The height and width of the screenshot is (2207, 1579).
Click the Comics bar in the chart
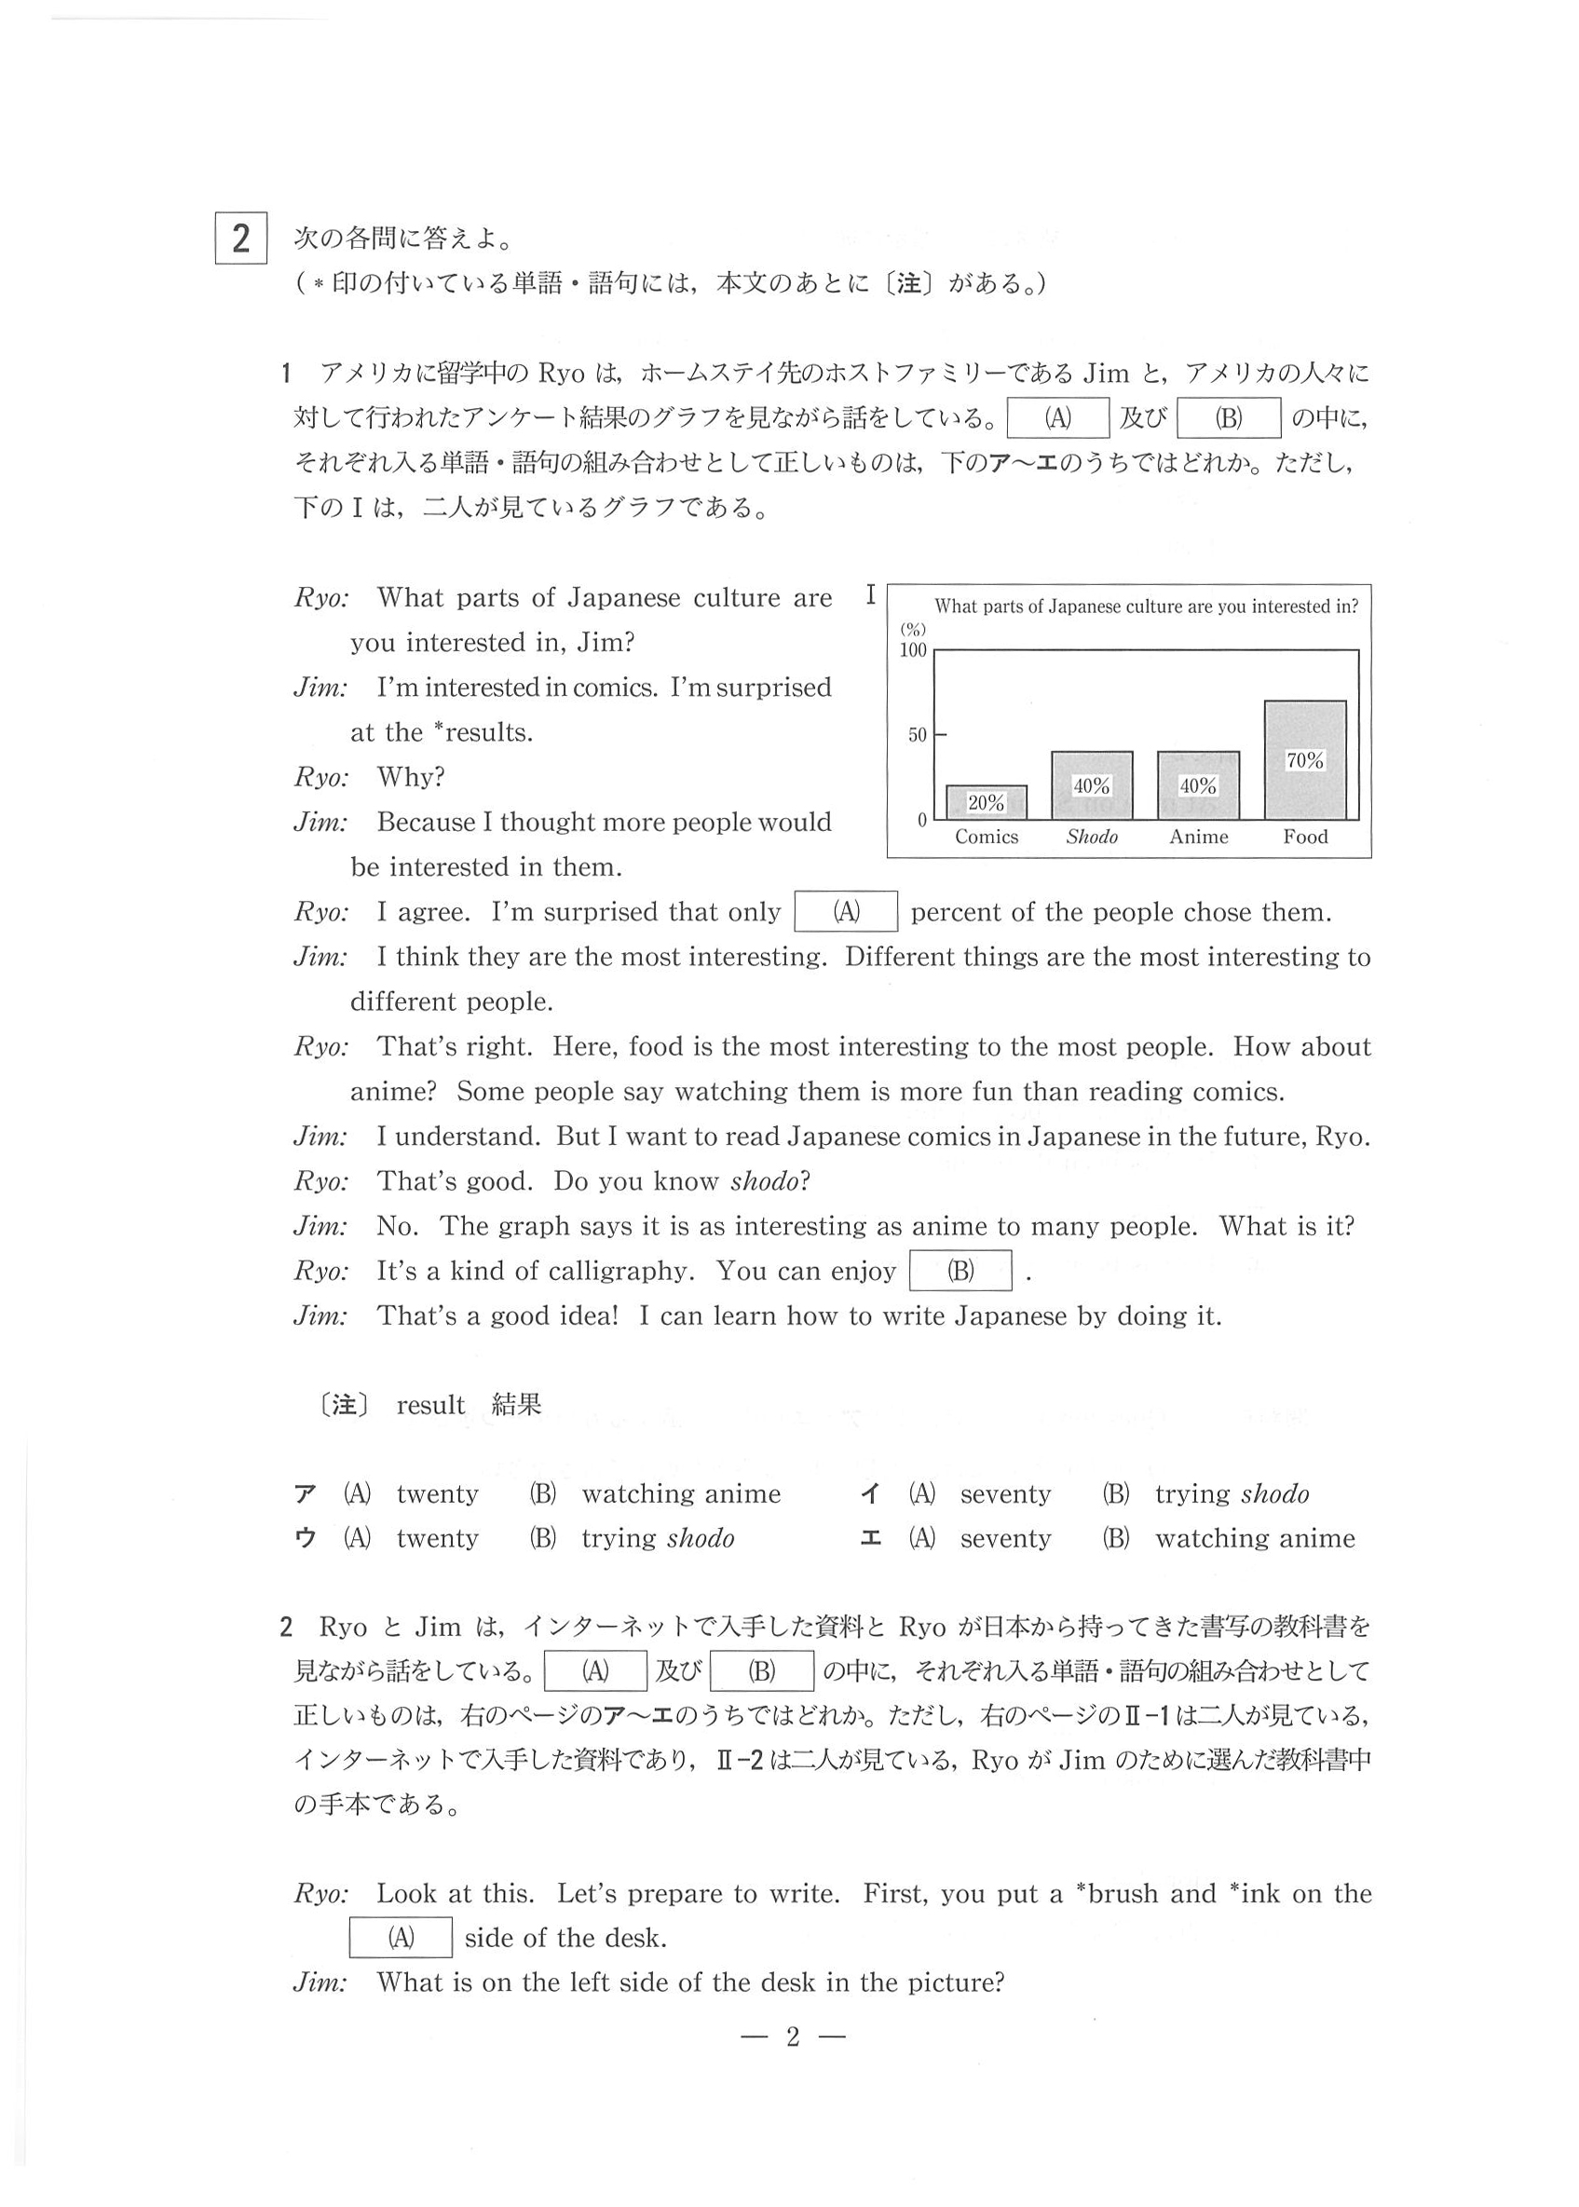pos(986,802)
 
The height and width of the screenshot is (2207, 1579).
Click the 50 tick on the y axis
pos(918,735)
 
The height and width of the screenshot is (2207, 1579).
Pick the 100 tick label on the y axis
pos(913,650)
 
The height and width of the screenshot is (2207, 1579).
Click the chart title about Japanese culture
pos(1147,606)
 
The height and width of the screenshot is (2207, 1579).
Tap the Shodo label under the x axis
pos(1092,838)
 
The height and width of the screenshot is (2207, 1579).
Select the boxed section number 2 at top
pos(240,238)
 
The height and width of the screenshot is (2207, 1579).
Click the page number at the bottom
pos(793,2036)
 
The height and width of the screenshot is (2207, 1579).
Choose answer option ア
pos(306,1493)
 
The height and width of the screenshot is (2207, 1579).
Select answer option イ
pos(870,1493)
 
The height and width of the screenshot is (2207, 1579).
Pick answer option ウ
pos(306,1538)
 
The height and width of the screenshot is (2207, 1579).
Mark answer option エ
pos(870,1538)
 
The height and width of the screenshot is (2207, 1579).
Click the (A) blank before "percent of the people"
pos(846,912)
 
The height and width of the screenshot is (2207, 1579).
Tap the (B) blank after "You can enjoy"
pos(960,1271)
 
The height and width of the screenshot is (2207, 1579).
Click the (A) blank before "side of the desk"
pos(401,1938)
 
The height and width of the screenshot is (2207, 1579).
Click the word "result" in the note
pos(430,1405)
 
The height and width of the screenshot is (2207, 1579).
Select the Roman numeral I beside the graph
pos(871,595)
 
